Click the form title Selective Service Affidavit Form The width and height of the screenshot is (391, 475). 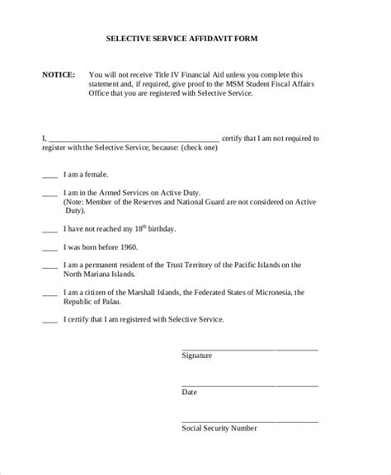click(x=195, y=38)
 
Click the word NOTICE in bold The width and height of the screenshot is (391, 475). click(x=58, y=74)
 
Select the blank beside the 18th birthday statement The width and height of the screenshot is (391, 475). click(x=49, y=230)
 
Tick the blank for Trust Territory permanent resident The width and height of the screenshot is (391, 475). click(x=49, y=266)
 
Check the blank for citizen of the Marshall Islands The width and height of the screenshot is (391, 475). click(x=49, y=294)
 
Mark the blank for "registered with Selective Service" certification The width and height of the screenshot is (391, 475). click(x=49, y=321)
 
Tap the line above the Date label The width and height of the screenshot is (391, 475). click(x=249, y=385)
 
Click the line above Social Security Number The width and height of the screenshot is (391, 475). click(x=249, y=420)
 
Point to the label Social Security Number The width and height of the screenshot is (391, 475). click(x=219, y=429)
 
